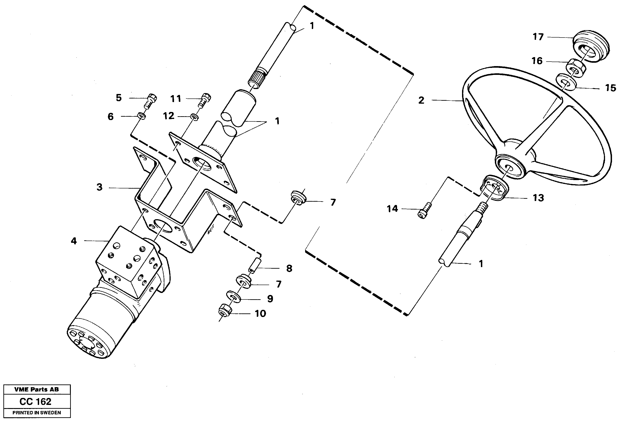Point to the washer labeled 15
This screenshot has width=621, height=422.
[566, 83]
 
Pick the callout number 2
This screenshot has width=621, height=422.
[421, 100]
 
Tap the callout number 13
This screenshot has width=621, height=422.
[538, 198]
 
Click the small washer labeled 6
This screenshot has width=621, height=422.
[142, 116]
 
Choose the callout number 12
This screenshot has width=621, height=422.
[169, 116]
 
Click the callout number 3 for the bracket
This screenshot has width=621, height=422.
[99, 187]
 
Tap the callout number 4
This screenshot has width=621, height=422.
[74, 241]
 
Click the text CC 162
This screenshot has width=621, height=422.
[36, 402]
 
